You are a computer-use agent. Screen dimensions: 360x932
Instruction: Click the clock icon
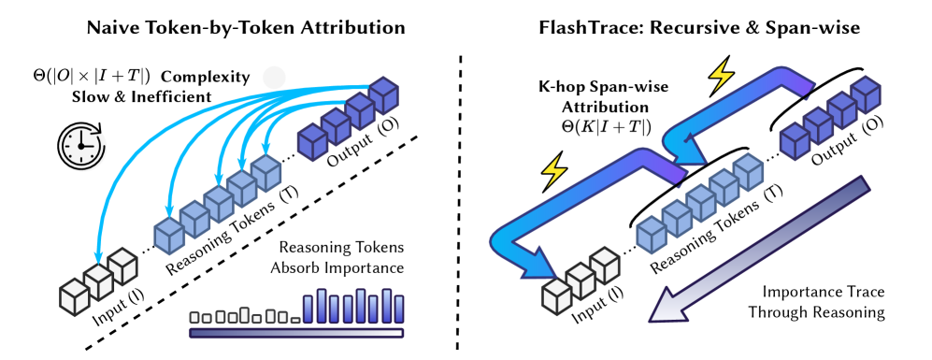82,147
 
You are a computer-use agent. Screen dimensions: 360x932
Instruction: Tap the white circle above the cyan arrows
274,78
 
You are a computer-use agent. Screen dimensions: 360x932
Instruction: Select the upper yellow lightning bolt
721,75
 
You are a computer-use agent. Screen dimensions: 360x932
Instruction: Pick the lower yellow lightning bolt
553,170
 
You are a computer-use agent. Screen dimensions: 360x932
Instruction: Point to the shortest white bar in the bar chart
295,320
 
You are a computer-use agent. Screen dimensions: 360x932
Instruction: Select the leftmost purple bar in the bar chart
308,310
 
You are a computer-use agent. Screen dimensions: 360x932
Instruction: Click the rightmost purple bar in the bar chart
398,309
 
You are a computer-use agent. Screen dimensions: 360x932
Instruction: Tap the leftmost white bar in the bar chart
194,317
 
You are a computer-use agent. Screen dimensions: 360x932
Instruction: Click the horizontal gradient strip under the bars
296,333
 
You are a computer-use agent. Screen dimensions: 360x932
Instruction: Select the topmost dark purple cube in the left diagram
383,94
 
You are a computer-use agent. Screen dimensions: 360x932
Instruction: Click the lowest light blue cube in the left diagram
169,236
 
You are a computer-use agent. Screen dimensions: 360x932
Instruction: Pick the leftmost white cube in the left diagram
75,297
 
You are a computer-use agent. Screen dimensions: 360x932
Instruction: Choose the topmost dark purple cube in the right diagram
865,94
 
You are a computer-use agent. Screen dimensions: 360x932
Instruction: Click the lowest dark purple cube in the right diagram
795,141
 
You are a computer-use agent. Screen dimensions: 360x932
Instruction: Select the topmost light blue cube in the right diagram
748,171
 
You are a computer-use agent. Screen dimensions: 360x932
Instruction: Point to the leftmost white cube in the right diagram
556,296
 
